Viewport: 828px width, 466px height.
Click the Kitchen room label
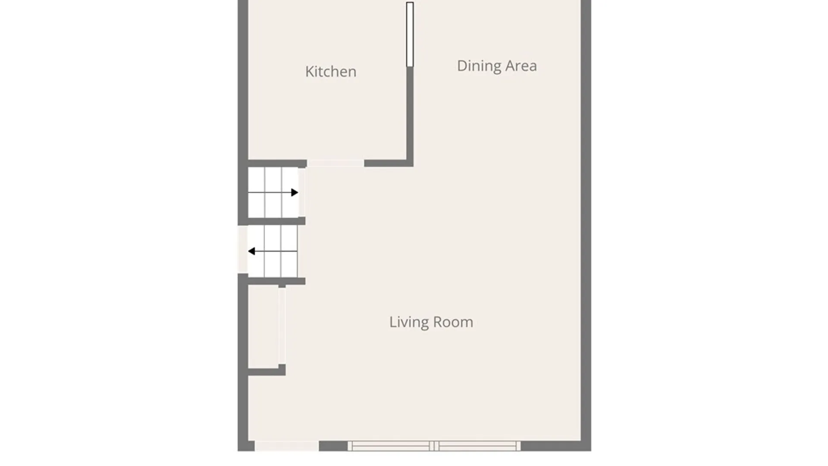tap(331, 72)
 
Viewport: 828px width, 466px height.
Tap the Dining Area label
tap(497, 66)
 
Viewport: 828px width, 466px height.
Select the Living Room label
tap(431, 322)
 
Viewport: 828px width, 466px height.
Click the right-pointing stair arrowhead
tap(295, 192)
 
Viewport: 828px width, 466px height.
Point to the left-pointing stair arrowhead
tap(251, 251)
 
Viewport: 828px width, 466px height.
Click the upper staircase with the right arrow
tap(273, 192)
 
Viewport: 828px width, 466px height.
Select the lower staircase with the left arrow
tap(273, 252)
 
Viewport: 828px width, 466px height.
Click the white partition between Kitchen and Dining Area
tap(410, 35)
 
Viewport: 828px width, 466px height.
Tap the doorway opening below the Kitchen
tap(336, 163)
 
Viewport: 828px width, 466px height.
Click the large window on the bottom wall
tap(434, 446)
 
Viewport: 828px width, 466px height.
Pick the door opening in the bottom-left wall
tap(287, 446)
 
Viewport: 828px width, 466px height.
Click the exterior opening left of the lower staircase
tap(243, 249)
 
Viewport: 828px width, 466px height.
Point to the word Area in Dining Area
tap(521, 66)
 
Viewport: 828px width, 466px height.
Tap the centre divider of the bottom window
tap(434, 446)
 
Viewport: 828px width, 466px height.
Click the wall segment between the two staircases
tap(276, 221)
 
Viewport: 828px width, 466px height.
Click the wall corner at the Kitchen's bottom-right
tap(410, 163)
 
